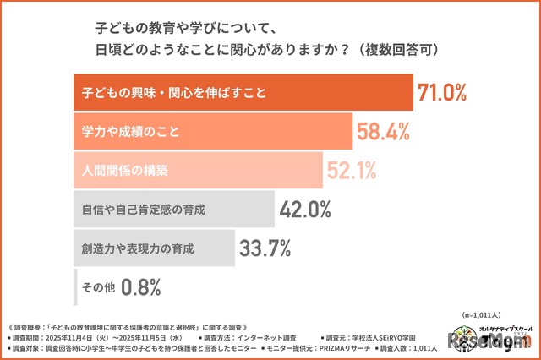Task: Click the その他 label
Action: [97, 287]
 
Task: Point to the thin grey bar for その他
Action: [76, 287]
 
